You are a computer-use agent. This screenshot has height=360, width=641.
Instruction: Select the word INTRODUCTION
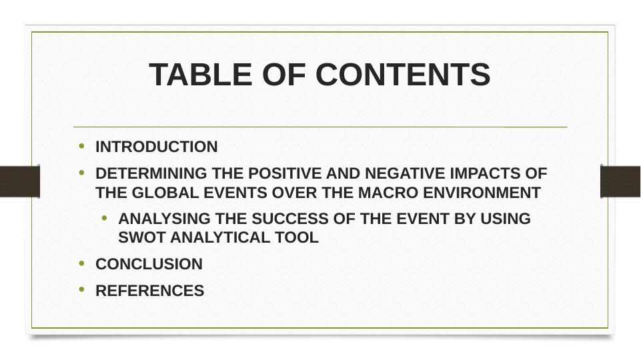tap(157, 147)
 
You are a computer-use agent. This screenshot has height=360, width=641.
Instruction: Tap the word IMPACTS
tap(486, 174)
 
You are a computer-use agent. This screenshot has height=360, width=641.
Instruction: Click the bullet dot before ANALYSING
tap(105, 218)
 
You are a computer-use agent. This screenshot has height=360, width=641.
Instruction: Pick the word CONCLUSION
tap(149, 265)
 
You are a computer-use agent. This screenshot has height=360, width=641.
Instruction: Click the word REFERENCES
tap(150, 291)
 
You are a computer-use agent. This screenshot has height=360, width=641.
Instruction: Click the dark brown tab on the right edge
tap(620, 181)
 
